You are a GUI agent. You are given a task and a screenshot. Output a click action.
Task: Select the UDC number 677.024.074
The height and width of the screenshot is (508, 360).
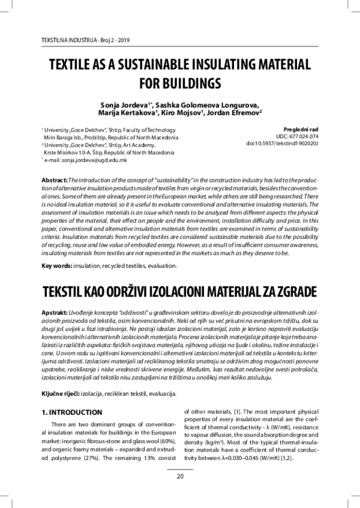tap(305, 137)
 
